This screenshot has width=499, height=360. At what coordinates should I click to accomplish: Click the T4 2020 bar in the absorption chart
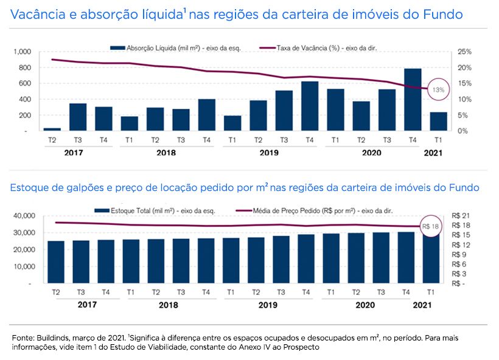point(413,100)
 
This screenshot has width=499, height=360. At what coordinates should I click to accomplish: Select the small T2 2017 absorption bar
point(52,129)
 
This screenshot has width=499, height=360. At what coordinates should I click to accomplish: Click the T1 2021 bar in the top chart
point(438,121)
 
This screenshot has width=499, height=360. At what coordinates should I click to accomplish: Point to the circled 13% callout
point(438,89)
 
